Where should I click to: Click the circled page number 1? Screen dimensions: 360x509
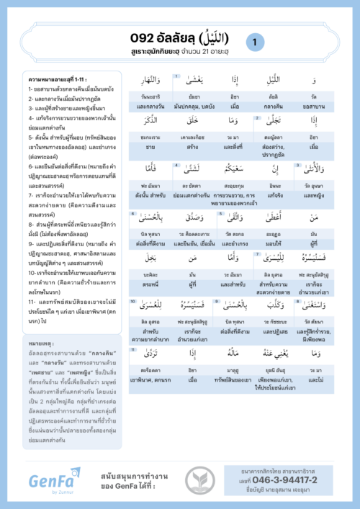tap(254, 43)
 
